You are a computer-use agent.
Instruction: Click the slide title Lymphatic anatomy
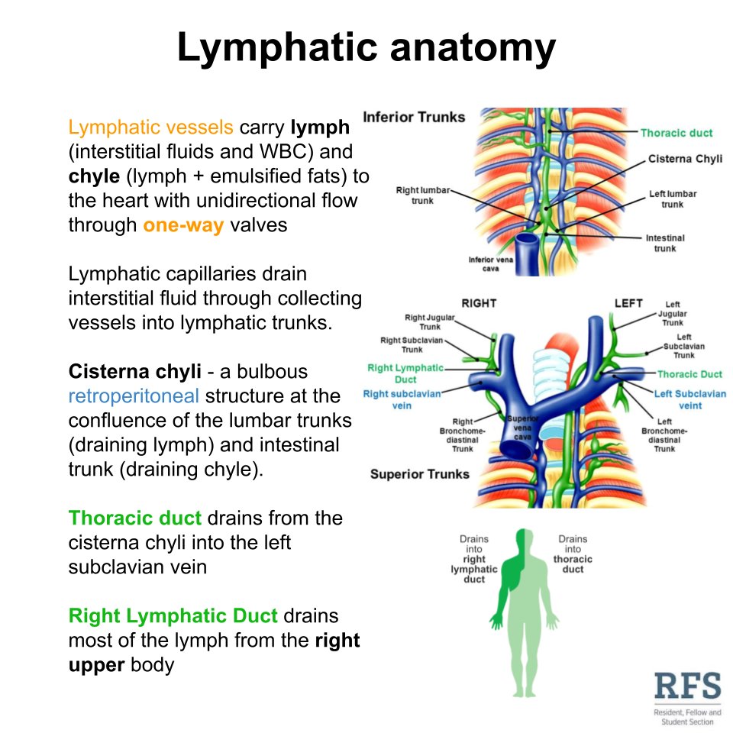(366, 48)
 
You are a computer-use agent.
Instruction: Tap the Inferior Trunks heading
(414, 118)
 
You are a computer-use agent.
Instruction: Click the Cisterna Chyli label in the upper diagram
(685, 159)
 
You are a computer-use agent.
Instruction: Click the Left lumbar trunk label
(673, 199)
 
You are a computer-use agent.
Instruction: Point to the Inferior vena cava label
(492, 264)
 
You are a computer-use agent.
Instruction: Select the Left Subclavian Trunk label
(684, 346)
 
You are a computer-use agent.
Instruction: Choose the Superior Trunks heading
(420, 474)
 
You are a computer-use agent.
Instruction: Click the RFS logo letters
(687, 687)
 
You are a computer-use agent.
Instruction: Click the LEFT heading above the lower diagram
(628, 304)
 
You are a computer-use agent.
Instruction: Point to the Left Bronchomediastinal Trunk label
(664, 435)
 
